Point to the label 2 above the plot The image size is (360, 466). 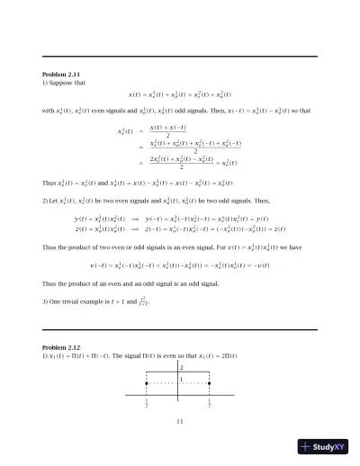pyautogui.click(x=183, y=369)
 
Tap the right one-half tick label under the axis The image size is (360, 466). pyautogui.click(x=209, y=405)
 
